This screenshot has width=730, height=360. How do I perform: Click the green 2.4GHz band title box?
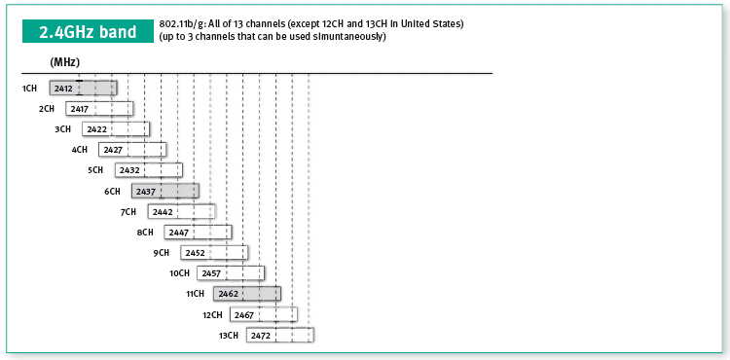pos(88,31)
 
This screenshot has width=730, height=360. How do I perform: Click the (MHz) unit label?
pos(64,62)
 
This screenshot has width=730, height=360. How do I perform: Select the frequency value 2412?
pos(63,89)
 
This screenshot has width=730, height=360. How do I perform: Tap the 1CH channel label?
pos(29,89)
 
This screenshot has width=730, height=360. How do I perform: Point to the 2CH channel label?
pos(47,109)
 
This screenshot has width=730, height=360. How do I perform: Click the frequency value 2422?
pos(96,129)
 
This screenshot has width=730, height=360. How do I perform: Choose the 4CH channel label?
pos(79,150)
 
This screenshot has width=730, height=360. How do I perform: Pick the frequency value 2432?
pos(129,170)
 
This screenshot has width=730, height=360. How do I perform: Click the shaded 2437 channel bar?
pos(165,191)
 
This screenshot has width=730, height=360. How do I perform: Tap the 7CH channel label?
pos(128,212)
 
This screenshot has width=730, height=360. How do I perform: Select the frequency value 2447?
pos(179,233)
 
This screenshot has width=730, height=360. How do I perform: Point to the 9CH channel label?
pos(161,253)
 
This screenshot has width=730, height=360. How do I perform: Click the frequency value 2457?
pos(211,273)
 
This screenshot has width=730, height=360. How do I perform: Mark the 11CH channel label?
pos(195,294)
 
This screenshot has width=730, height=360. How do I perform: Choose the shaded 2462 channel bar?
pos(247,294)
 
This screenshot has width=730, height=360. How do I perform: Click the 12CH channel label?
pos(212,315)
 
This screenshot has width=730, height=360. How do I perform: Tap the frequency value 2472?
pos(261,336)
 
